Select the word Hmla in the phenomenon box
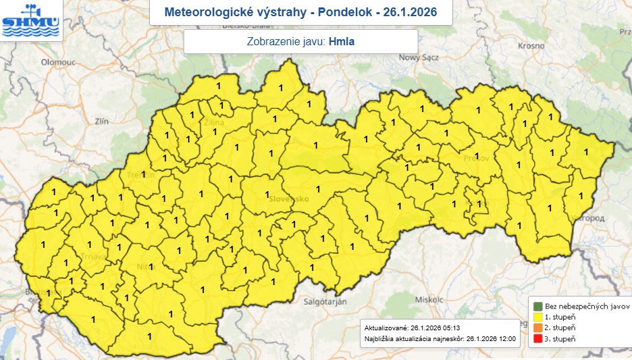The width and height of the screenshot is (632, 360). pyautogui.click(x=342, y=41)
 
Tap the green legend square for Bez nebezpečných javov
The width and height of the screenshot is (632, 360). pyautogui.click(x=537, y=305)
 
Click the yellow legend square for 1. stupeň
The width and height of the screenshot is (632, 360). pyautogui.click(x=537, y=316)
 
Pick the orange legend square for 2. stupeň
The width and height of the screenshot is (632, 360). pyautogui.click(x=537, y=327)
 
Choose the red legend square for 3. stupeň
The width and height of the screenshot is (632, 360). pyautogui.click(x=537, y=338)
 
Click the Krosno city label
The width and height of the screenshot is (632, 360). pyautogui.click(x=531, y=45)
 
